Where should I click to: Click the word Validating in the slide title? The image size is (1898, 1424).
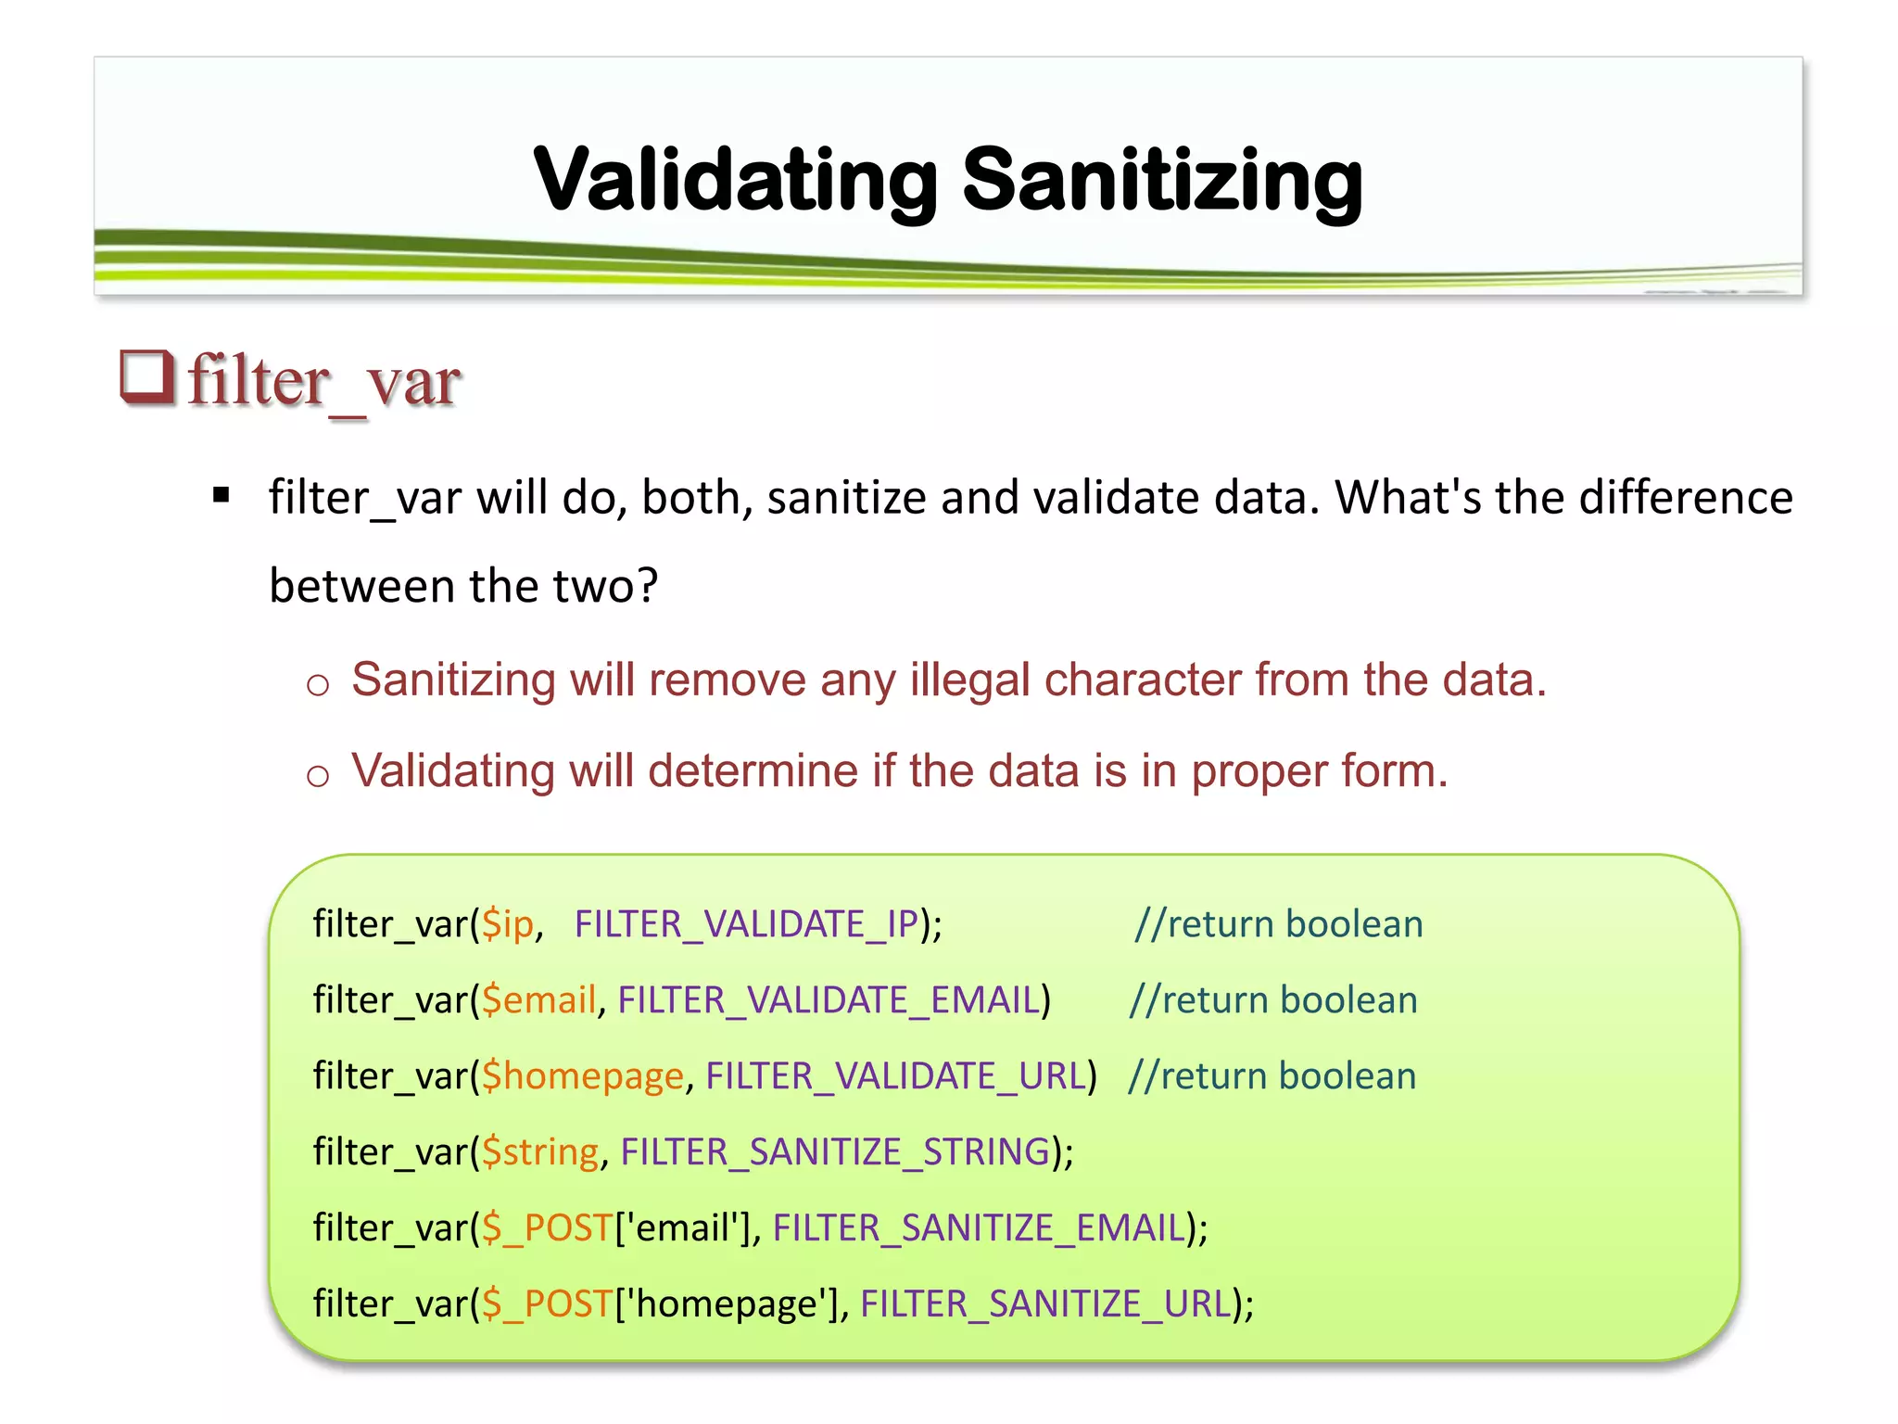click(737, 179)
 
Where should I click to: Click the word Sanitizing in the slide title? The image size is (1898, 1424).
click(1162, 179)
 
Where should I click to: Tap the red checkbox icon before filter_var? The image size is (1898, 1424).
click(147, 377)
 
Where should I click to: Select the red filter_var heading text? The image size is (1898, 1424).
click(324, 381)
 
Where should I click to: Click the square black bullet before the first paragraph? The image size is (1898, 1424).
click(221, 495)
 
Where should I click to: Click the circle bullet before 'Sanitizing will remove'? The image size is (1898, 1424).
click(318, 685)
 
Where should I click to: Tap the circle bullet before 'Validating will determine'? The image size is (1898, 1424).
click(318, 775)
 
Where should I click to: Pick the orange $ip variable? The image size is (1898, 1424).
click(508, 924)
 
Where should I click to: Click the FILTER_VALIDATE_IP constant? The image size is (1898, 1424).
click(746, 924)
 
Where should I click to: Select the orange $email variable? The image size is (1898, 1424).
click(538, 1000)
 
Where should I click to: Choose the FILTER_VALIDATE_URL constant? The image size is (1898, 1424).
click(895, 1076)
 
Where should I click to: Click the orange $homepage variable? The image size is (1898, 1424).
click(582, 1076)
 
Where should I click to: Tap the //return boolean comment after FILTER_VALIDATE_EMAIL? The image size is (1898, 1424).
click(1273, 1000)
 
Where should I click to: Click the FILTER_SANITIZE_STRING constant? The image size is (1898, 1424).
click(835, 1152)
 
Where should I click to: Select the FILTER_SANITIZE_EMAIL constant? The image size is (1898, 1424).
click(979, 1228)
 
